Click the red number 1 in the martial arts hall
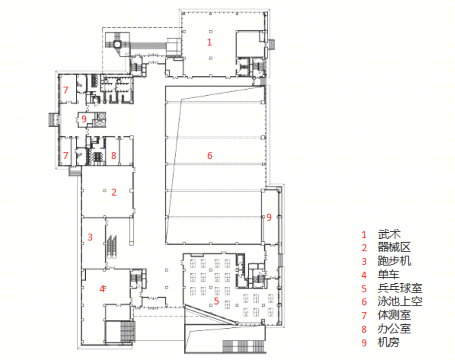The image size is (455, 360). pyautogui.click(x=209, y=42)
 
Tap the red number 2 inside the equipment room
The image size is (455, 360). pyautogui.click(x=114, y=192)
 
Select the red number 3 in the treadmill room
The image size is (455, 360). pyautogui.click(x=90, y=237)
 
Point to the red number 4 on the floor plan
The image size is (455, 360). pyautogui.click(x=102, y=289)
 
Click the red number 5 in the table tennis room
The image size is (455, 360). pyautogui.click(x=216, y=301)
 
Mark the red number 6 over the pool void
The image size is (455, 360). pyautogui.click(x=210, y=155)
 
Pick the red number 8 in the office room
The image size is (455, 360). pyautogui.click(x=114, y=155)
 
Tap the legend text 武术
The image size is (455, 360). pyautogui.click(x=389, y=234)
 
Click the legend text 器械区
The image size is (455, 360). pyautogui.click(x=395, y=248)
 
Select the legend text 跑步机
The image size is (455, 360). pyautogui.click(x=395, y=261)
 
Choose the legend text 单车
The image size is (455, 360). pyautogui.click(x=389, y=274)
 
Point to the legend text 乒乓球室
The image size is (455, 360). pyautogui.click(x=400, y=288)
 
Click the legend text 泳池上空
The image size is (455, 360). pyautogui.click(x=400, y=302)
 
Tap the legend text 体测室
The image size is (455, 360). pyautogui.click(x=395, y=315)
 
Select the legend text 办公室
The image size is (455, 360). pyautogui.click(x=395, y=329)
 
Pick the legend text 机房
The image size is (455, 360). pyautogui.click(x=389, y=342)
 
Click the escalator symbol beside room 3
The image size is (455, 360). pyautogui.click(x=112, y=247)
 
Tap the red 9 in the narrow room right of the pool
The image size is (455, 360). pyautogui.click(x=269, y=217)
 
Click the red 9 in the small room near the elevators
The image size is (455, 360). pyautogui.click(x=84, y=119)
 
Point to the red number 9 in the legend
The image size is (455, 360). pyautogui.click(x=364, y=343)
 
